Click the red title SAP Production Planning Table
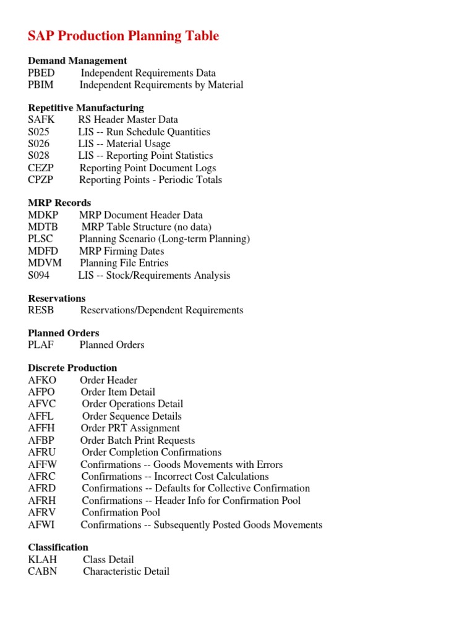point(123,36)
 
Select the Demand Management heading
point(77,61)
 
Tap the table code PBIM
point(41,85)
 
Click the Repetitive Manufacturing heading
point(86,108)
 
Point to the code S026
point(38,144)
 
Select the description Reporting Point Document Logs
point(148,168)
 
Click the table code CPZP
point(41,180)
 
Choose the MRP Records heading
point(59,203)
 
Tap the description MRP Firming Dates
point(121,251)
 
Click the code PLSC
point(40,239)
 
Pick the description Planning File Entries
point(124,263)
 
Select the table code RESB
point(41,310)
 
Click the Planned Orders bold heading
point(64,333)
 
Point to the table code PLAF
point(41,345)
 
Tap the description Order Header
point(108,380)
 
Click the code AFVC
point(41,404)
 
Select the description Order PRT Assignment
point(130,428)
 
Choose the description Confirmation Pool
point(121,512)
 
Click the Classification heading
point(58,548)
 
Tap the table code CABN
point(42,572)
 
